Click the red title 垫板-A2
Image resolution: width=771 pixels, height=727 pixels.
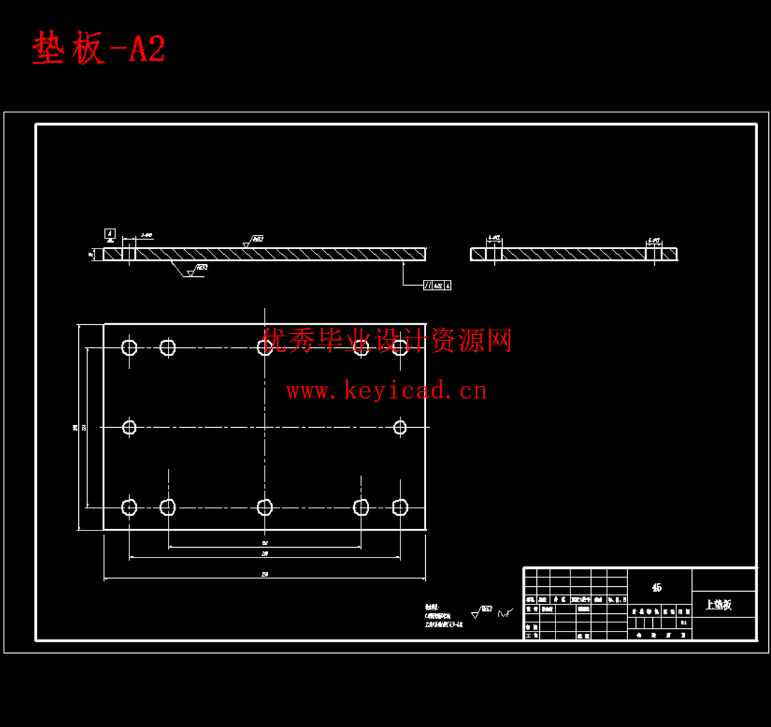(x=99, y=49)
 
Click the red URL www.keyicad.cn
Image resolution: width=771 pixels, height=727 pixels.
(x=386, y=390)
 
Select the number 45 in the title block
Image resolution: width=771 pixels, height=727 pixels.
(x=656, y=587)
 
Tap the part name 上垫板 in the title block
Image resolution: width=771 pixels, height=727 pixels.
(x=718, y=605)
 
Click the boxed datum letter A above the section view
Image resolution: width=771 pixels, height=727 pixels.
(x=110, y=233)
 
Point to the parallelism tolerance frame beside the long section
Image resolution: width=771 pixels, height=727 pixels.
(x=437, y=285)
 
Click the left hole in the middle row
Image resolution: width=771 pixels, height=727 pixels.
(x=129, y=427)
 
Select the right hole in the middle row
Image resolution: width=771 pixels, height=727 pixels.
(x=400, y=427)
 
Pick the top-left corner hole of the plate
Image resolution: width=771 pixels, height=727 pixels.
(x=129, y=347)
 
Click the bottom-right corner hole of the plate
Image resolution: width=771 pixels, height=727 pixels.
(x=400, y=507)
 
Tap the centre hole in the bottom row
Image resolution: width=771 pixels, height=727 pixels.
(x=265, y=507)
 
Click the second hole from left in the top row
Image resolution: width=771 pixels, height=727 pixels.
(x=168, y=347)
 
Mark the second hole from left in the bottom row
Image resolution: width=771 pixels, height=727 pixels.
(x=168, y=507)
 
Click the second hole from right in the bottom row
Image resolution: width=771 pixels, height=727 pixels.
(x=361, y=507)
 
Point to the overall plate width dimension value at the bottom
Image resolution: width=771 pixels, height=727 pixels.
(x=265, y=574)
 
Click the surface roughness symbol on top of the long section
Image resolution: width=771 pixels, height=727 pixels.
(x=252, y=241)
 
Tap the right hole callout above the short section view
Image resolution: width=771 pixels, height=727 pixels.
(x=654, y=241)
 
